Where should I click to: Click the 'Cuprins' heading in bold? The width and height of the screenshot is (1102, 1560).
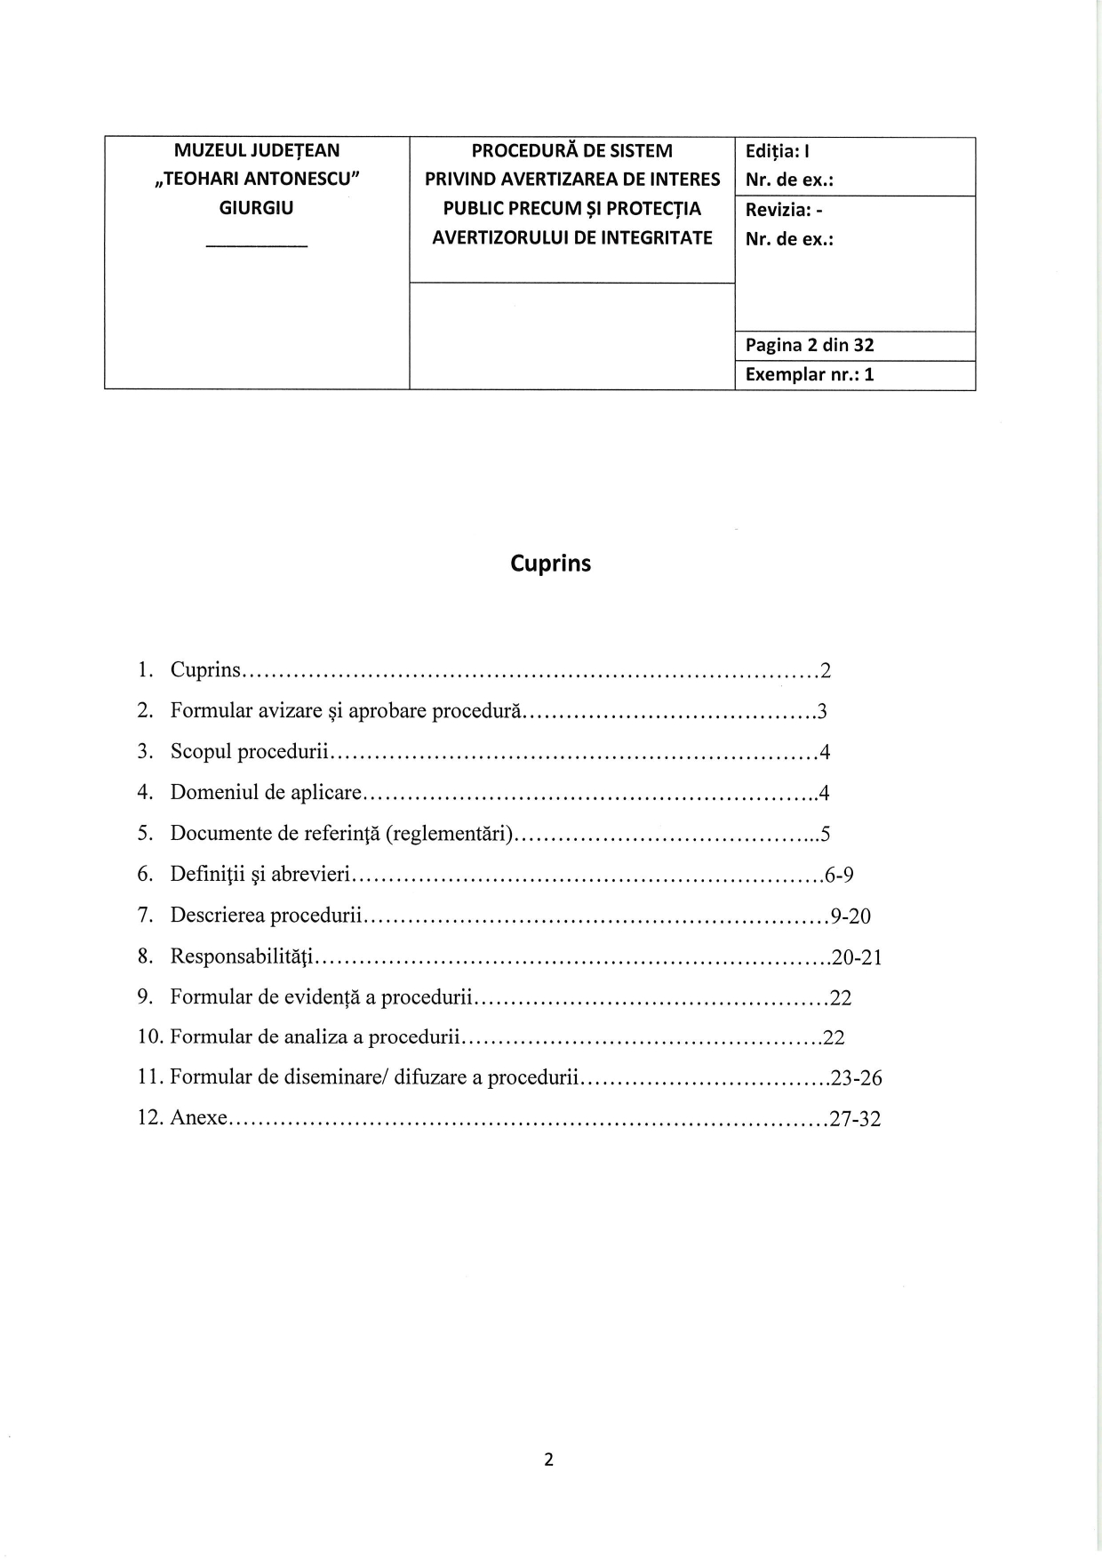(x=550, y=564)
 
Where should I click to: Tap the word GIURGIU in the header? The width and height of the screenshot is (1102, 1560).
(x=256, y=208)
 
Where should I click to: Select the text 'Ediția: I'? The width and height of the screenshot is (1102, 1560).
(x=776, y=151)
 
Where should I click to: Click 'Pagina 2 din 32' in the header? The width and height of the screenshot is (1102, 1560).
(x=810, y=345)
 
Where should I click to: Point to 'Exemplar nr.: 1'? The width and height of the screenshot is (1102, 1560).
(x=810, y=374)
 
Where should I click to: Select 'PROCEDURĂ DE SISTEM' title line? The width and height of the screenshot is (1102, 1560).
(x=571, y=151)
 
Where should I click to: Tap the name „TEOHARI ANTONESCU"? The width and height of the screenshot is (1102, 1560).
(x=256, y=179)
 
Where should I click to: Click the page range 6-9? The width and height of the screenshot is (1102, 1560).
(x=839, y=875)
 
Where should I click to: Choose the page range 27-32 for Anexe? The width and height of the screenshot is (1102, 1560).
(x=855, y=1118)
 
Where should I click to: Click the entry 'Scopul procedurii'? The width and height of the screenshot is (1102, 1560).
(x=251, y=752)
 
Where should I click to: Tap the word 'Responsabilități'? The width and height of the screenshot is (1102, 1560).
(x=243, y=956)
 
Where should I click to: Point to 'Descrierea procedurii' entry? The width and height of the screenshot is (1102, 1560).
(x=268, y=916)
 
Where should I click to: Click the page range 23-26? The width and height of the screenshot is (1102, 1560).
(x=856, y=1078)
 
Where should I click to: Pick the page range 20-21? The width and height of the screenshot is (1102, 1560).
(x=856, y=956)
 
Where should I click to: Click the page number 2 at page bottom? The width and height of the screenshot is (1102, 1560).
(x=548, y=1459)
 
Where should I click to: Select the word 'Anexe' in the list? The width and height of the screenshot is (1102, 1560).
(x=199, y=1117)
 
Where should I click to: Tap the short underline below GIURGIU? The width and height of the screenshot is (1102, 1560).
(x=256, y=245)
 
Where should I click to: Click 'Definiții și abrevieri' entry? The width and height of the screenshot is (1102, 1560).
(x=261, y=875)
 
